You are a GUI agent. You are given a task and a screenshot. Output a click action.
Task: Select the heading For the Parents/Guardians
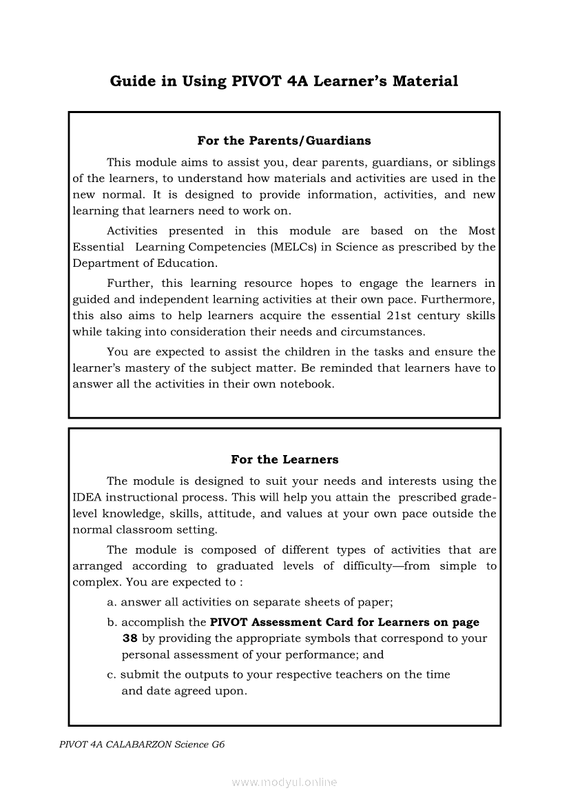click(284, 141)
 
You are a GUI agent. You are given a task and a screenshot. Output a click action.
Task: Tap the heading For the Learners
click(284, 459)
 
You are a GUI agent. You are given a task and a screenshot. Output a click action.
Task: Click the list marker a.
click(112, 602)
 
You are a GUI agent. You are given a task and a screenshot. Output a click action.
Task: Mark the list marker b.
click(112, 623)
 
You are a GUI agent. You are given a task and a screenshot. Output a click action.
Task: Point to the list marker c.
click(111, 675)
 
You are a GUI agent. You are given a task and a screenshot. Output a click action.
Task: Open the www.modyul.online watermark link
click(284, 783)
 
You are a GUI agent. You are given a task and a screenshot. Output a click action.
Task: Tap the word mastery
click(128, 368)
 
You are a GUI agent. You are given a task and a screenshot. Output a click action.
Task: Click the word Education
click(185, 263)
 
